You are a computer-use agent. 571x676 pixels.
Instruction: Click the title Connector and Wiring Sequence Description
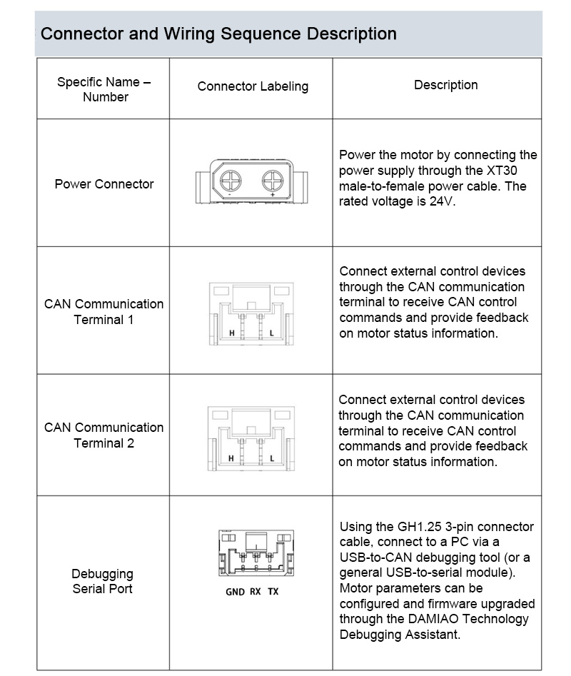218,34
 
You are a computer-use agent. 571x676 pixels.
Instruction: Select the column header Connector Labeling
253,86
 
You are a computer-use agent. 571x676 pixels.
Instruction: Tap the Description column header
445,85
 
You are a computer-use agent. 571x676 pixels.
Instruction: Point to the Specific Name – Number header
104,89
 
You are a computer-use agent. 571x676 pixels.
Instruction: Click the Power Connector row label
104,184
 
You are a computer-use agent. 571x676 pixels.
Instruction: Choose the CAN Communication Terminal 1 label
104,312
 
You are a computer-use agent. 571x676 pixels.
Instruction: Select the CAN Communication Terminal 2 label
104,435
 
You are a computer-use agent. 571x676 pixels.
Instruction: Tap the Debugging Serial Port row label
102,581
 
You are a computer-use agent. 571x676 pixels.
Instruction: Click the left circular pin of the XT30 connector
231,178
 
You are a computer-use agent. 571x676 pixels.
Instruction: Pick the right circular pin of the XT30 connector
273,178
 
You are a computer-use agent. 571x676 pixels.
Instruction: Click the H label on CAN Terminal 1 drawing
231,333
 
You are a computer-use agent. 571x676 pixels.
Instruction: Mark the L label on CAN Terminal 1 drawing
272,333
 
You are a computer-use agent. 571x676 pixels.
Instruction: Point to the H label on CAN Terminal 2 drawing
231,458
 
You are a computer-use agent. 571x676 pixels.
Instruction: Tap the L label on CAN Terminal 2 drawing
272,458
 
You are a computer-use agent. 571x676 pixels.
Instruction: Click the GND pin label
235,592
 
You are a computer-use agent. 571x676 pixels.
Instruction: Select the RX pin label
256,592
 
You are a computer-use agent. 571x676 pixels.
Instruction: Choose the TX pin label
273,592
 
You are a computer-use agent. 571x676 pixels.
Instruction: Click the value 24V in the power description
442,201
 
